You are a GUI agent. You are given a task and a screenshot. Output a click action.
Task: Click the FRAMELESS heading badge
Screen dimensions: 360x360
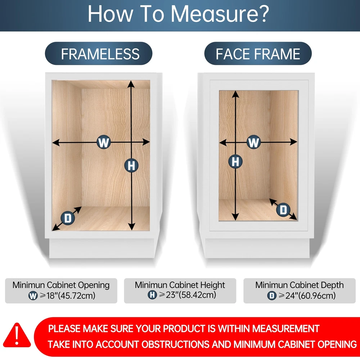click(x=99, y=54)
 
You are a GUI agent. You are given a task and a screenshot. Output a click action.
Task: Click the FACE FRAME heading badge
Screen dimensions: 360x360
click(x=258, y=54)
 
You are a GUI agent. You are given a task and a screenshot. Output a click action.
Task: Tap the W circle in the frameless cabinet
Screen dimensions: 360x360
click(x=104, y=142)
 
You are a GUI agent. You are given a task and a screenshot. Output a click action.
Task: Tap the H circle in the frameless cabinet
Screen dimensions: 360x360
click(x=131, y=165)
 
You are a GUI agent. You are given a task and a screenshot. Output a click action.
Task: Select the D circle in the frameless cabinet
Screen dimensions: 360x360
click(x=68, y=218)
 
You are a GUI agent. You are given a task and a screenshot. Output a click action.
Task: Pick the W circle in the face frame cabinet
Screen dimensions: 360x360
click(x=253, y=142)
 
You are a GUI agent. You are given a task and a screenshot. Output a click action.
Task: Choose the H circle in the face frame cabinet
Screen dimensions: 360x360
click(x=235, y=161)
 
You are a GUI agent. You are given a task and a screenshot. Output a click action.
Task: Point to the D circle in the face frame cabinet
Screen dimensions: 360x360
click(x=283, y=210)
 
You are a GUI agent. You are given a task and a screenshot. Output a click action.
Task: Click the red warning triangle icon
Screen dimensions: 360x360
click(x=17, y=335)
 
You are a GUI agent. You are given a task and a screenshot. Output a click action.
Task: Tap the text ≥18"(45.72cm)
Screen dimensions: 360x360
click(x=68, y=296)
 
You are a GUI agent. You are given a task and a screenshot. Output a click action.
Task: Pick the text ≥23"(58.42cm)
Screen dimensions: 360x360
click(x=187, y=295)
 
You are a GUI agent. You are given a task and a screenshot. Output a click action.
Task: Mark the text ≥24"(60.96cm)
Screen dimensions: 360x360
click(x=307, y=296)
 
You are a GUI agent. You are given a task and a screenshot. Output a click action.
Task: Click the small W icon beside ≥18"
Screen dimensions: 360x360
click(x=33, y=296)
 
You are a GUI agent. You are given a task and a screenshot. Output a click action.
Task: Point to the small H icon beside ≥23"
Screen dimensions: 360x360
click(x=152, y=295)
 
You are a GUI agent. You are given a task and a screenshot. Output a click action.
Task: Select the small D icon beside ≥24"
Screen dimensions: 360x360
click(x=271, y=296)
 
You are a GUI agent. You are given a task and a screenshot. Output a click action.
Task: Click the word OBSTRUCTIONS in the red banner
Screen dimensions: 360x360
click(x=174, y=345)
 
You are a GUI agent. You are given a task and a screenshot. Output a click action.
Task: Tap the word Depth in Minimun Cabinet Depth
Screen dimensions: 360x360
click(x=332, y=285)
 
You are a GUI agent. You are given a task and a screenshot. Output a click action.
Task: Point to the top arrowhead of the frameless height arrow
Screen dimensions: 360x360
click(x=131, y=84)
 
